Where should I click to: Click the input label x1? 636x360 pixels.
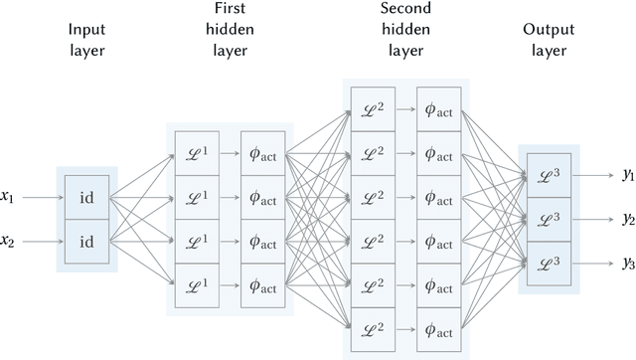(9, 197)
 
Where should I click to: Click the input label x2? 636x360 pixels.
(9, 241)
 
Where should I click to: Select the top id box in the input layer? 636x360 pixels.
(86, 197)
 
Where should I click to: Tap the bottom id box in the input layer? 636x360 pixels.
(86, 241)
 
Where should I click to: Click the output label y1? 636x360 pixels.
(627, 175)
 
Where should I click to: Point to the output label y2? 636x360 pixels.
(627, 219)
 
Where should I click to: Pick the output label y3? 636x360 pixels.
(627, 264)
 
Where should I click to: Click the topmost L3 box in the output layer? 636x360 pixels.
(550, 175)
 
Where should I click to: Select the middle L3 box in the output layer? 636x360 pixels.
(550, 219)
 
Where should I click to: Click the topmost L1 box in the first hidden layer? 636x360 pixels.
(197, 152)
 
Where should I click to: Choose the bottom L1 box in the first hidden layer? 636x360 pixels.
(197, 285)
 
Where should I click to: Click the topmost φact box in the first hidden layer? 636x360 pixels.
(263, 152)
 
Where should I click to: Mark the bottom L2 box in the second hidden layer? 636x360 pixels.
(374, 329)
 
